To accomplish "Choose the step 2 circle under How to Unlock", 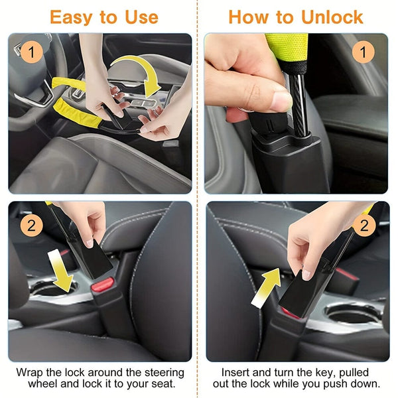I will coord(363,225).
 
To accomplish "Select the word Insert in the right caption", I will coord(235,372).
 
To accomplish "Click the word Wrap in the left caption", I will coord(31,372).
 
